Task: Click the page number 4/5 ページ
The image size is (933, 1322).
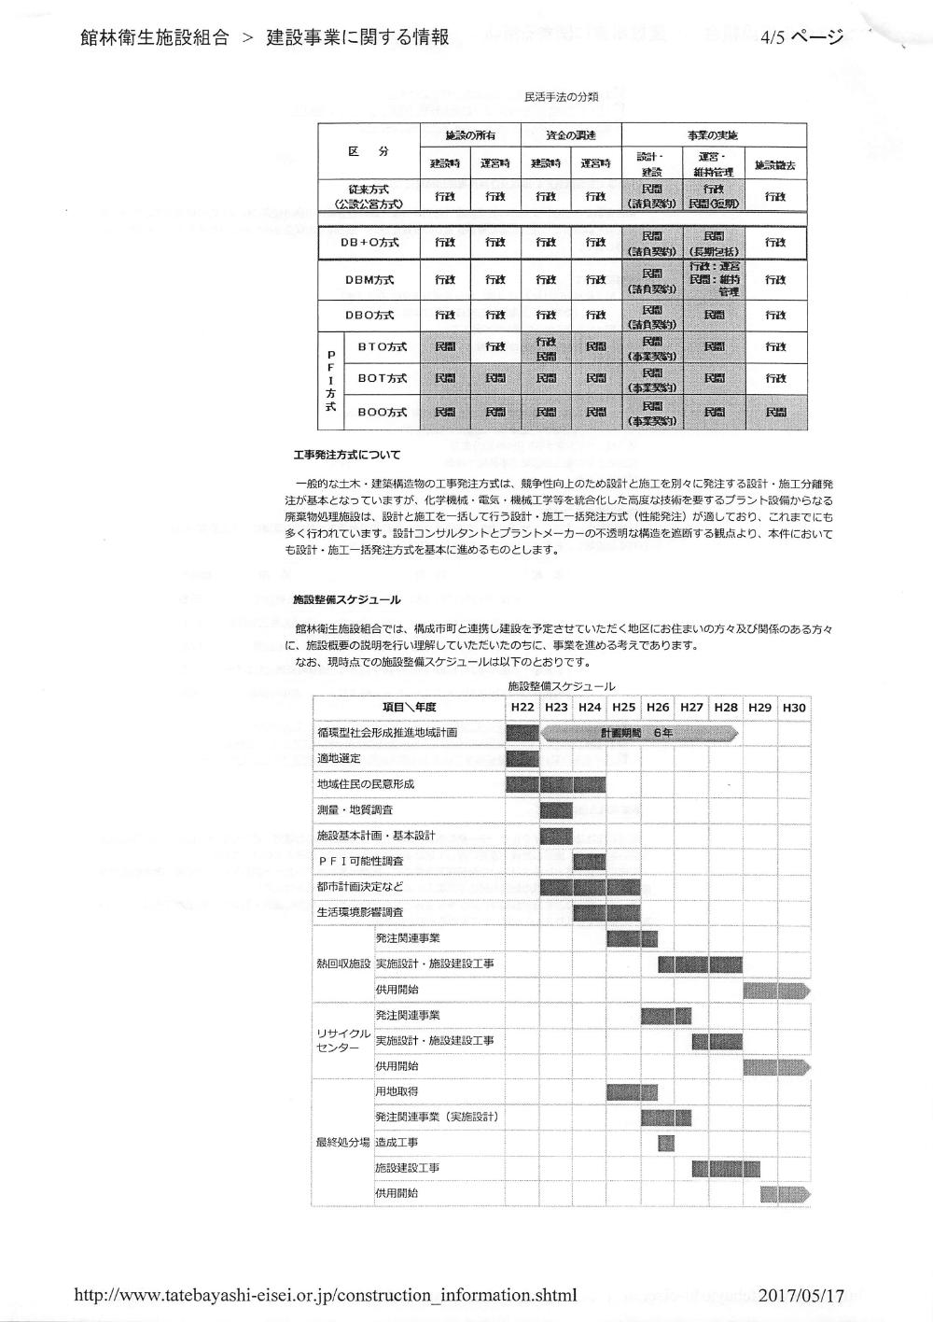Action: [801, 38]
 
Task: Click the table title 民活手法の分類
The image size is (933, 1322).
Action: [562, 97]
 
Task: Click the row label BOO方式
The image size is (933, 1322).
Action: [383, 412]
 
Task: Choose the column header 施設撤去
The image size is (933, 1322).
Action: [774, 165]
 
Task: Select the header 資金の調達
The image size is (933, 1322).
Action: [570, 135]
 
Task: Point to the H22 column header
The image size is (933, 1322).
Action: [522, 708]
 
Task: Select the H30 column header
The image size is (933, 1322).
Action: [793, 708]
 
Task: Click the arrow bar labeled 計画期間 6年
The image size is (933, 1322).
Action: [640, 733]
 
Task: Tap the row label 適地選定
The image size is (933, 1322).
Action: [339, 758]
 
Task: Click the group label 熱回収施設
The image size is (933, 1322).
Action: [343, 963]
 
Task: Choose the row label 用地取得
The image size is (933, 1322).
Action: [397, 1091]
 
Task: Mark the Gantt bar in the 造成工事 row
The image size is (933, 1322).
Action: [665, 1143]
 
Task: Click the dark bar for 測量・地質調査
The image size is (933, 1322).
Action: [556, 809]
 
